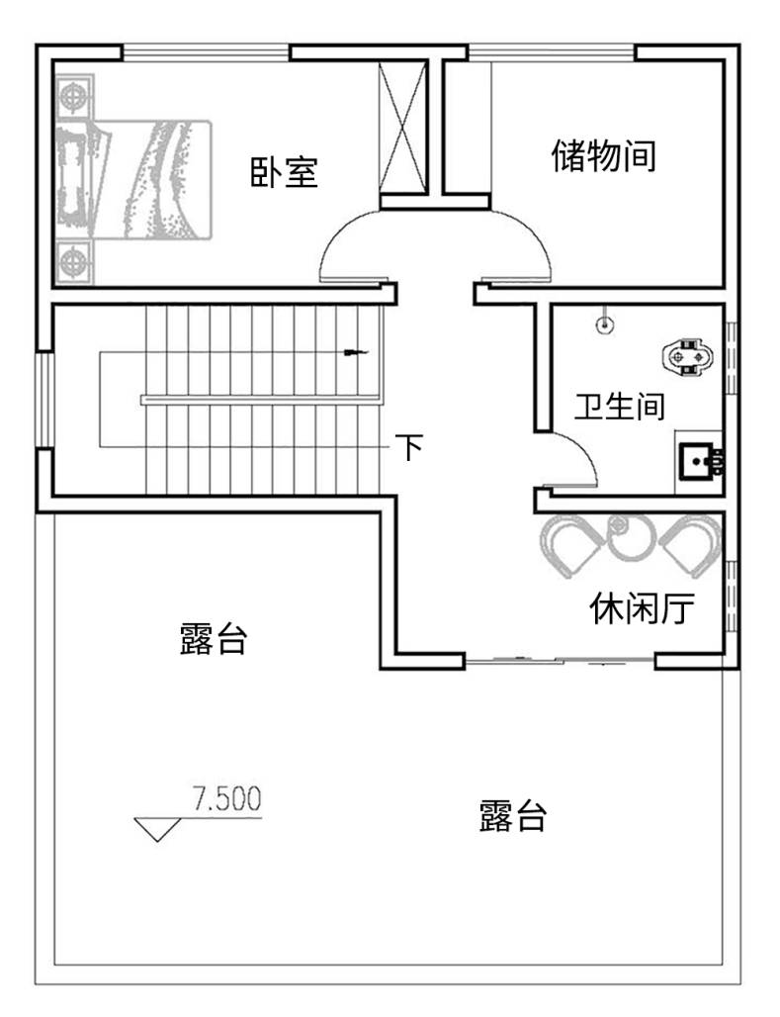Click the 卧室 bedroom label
(x=284, y=172)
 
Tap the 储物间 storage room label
(x=604, y=155)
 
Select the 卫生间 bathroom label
(x=620, y=406)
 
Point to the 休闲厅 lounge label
(x=642, y=608)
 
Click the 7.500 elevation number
(x=227, y=798)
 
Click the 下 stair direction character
(x=409, y=446)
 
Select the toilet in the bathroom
(x=687, y=356)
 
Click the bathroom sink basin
(x=700, y=461)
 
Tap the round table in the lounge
(x=629, y=538)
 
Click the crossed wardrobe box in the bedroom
(x=402, y=127)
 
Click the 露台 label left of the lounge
(x=214, y=638)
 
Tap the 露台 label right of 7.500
(x=513, y=815)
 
